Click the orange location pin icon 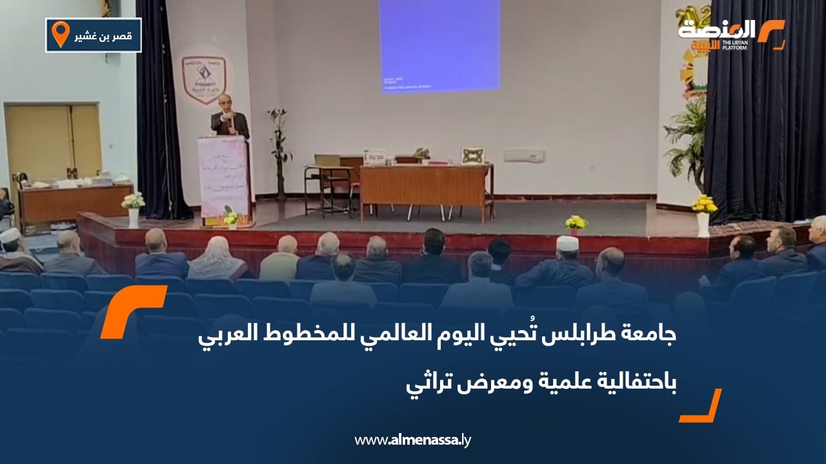click(x=60, y=34)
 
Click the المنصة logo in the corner click(x=730, y=34)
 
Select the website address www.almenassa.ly click(x=412, y=440)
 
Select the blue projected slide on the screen click(x=439, y=45)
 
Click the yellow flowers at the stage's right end click(x=703, y=205)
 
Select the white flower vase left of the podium click(x=134, y=209)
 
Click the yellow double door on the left click(x=54, y=142)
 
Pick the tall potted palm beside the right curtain click(x=687, y=142)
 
